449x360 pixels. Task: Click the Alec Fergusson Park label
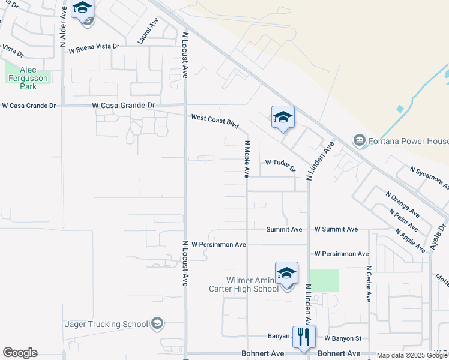pos(28,78)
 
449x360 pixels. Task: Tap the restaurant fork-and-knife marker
pos(303,337)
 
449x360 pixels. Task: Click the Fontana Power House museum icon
pos(360,140)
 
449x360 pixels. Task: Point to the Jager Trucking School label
pos(106,324)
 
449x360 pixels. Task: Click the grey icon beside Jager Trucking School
pos(157,324)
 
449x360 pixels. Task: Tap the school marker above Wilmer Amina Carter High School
pos(286,274)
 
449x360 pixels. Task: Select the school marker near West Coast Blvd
pos(283,118)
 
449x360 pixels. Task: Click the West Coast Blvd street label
pos(215,121)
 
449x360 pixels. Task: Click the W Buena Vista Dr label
pos(94,47)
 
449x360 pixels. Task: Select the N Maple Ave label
pos(246,159)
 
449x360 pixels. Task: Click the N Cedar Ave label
pos(369,284)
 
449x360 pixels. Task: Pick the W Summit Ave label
pos(336,229)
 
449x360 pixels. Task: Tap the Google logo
pos(20,353)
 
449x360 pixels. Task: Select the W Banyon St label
pos(342,339)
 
